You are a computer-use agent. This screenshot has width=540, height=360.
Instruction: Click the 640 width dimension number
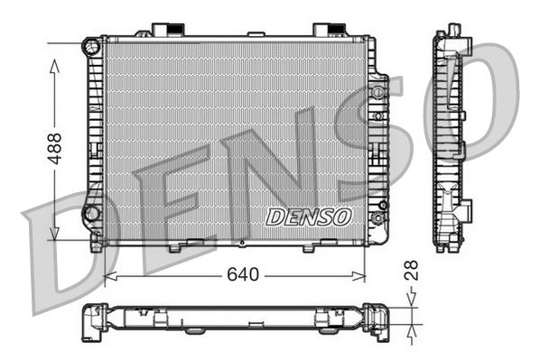(x=237, y=273)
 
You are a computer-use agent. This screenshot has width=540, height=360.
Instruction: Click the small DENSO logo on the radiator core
(x=308, y=216)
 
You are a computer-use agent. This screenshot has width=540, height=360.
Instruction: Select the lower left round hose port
(x=90, y=213)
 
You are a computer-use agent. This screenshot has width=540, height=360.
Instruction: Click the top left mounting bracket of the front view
(x=165, y=30)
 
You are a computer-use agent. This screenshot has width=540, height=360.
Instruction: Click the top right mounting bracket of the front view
(x=326, y=30)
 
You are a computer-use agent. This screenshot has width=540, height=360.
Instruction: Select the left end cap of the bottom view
(x=93, y=322)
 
